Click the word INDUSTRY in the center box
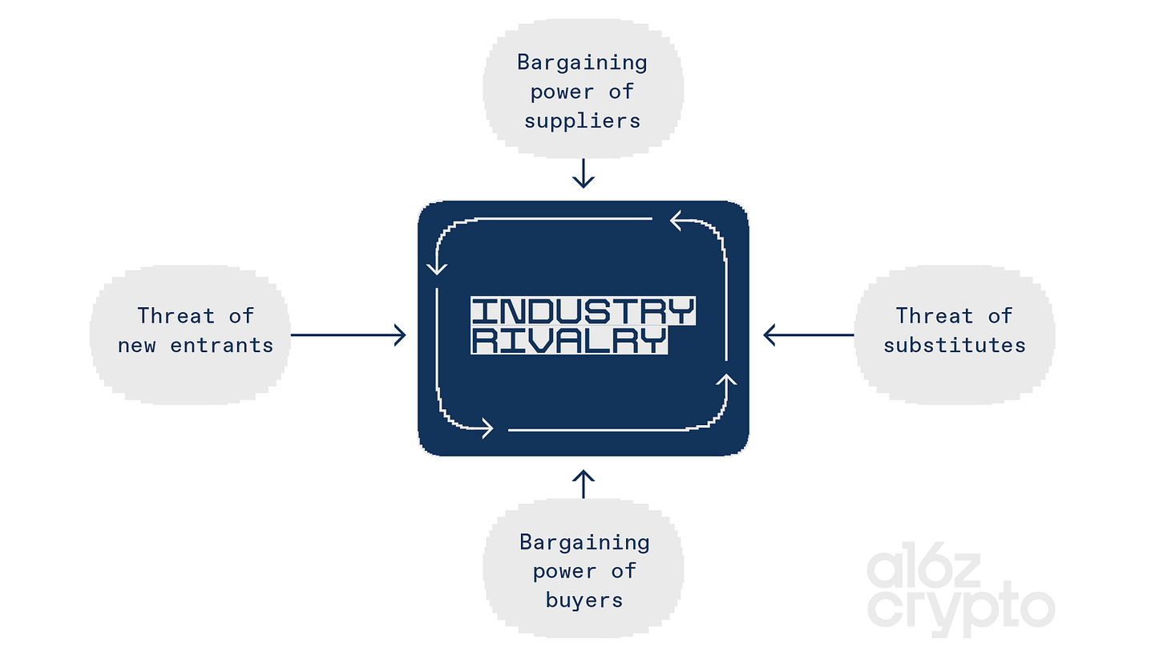583,311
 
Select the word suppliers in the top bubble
583,120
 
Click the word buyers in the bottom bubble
583,599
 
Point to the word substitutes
955,345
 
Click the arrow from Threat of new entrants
349,335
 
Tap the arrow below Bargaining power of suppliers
583,173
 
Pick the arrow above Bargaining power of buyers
583,484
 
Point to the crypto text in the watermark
960,610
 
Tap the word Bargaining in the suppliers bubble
582,62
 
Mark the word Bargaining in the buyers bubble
583,541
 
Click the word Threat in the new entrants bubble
176,315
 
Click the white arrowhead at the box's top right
680,219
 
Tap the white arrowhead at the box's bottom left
484,429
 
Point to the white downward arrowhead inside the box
437,265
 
